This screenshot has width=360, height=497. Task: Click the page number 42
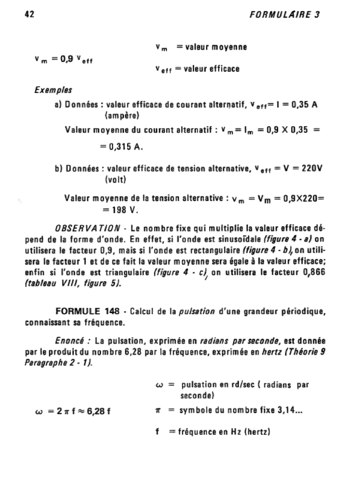click(30, 14)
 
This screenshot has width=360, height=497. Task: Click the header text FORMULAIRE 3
click(284, 14)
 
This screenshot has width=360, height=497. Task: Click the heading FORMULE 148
click(85, 311)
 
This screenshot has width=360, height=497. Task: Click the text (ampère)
click(122, 116)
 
